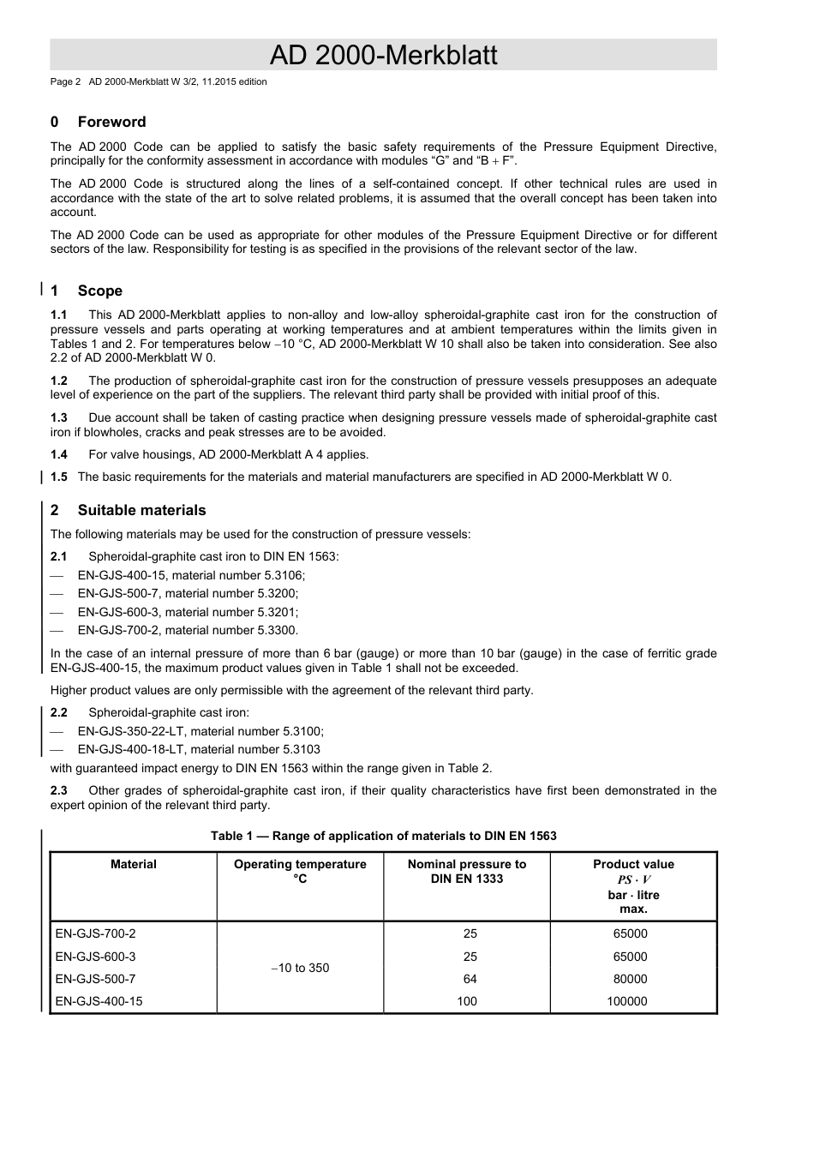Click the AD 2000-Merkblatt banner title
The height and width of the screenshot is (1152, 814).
[x=383, y=55]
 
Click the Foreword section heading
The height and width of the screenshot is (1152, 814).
[x=111, y=122]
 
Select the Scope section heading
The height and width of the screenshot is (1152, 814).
[x=99, y=291]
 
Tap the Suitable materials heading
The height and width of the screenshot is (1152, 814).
[x=141, y=510]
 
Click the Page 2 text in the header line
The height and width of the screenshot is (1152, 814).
[x=65, y=82]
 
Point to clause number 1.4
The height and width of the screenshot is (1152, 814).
[x=58, y=454]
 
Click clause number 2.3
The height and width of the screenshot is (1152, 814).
[x=58, y=790]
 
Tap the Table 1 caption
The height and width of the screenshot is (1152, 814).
[x=383, y=836]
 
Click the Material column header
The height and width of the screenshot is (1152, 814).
[x=134, y=864]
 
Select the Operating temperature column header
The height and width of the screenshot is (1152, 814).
[x=300, y=871]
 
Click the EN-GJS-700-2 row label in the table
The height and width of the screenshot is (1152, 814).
[x=95, y=933]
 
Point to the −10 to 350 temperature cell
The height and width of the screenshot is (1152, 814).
[x=300, y=968]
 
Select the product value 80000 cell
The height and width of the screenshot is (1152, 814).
[x=630, y=979]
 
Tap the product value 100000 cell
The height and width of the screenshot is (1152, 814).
[x=626, y=1001]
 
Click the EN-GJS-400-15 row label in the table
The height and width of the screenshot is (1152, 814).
[x=99, y=1001]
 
